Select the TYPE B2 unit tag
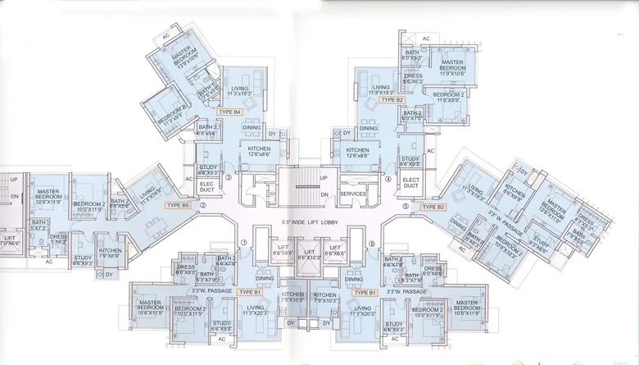point(392,100)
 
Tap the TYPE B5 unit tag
point(177,205)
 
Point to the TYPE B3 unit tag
point(434,208)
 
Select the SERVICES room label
point(353,194)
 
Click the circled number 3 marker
point(229,176)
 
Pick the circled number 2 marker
point(202,217)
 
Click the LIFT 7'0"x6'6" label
point(9,240)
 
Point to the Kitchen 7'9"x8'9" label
point(110,253)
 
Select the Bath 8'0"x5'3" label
point(411,56)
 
